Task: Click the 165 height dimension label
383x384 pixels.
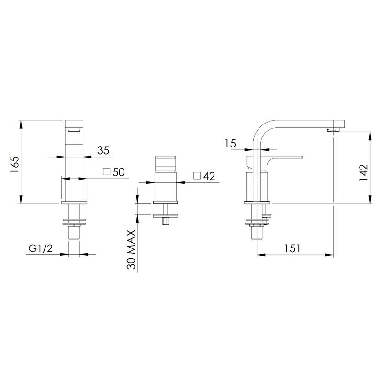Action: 15,165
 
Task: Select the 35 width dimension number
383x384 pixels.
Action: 103,150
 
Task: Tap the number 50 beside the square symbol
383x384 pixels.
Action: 119,172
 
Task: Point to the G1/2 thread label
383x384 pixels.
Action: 41,248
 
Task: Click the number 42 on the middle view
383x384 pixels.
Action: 209,176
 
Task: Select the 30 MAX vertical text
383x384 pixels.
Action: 132,249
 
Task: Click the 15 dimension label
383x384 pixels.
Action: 230,144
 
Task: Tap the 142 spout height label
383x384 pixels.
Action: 363,172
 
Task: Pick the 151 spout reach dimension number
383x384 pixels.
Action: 292,248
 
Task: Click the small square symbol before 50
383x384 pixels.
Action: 107,172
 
